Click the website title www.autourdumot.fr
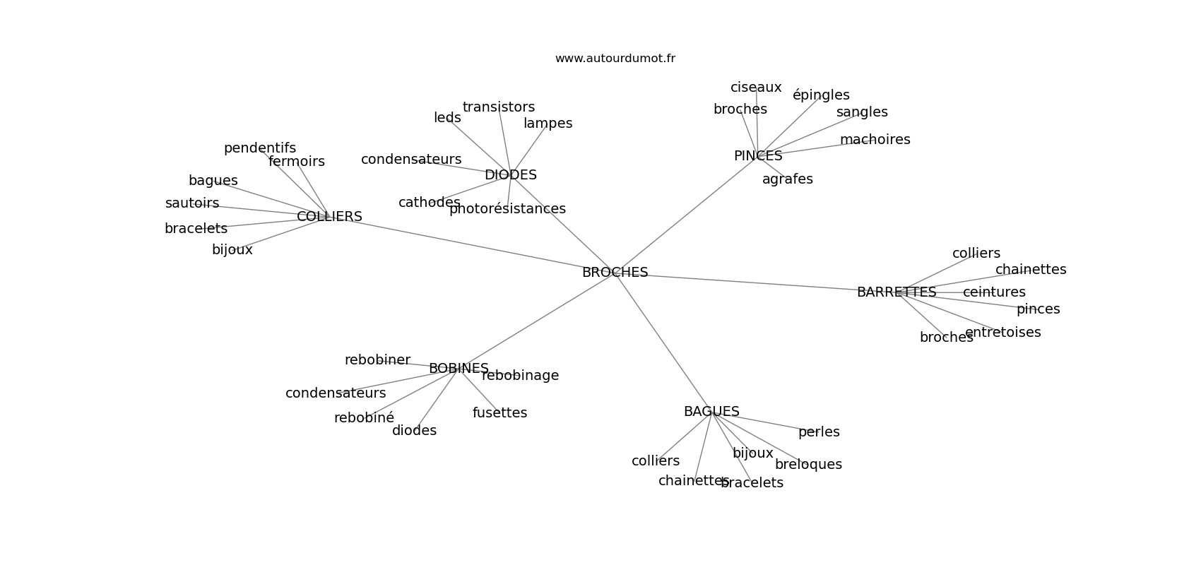pos(615,59)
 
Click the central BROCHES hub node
pos(615,273)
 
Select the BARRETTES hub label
pos(896,292)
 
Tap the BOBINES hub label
pos(458,369)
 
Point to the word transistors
pos(498,107)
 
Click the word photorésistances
pos(507,209)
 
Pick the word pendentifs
pos(259,148)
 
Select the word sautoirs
pos(192,203)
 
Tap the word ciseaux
pos(756,88)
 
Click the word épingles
pos(821,95)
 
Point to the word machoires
pos(875,140)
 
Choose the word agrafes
pos(787,179)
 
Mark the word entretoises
pos(1002,333)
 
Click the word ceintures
pos(994,292)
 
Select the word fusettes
pos(499,413)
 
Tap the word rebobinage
pos(520,376)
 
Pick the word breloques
pos(808,465)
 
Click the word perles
pos(819,432)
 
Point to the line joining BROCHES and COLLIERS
pos(473,244)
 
